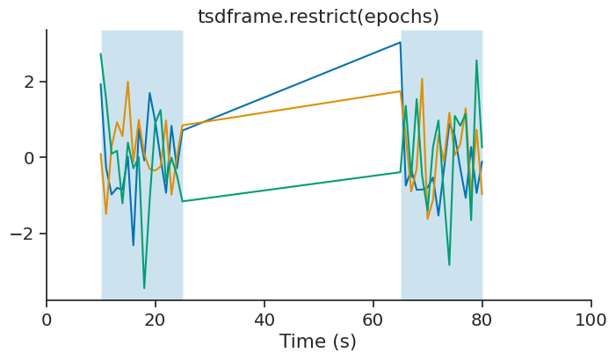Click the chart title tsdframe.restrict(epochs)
[x=318, y=17]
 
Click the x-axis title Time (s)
[x=318, y=342]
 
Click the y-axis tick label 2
[x=30, y=82]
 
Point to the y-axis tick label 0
[x=30, y=158]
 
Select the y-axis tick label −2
[x=24, y=234]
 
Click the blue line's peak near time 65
[x=400, y=42]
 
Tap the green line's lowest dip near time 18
[x=144, y=288]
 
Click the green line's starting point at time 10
[x=101, y=54]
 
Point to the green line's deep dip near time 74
[x=449, y=265]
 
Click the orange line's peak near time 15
[x=128, y=82]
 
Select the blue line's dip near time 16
[x=134, y=245]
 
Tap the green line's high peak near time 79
[x=476, y=61]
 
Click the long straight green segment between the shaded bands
[x=290, y=187]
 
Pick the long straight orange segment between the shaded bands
[x=290, y=109]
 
